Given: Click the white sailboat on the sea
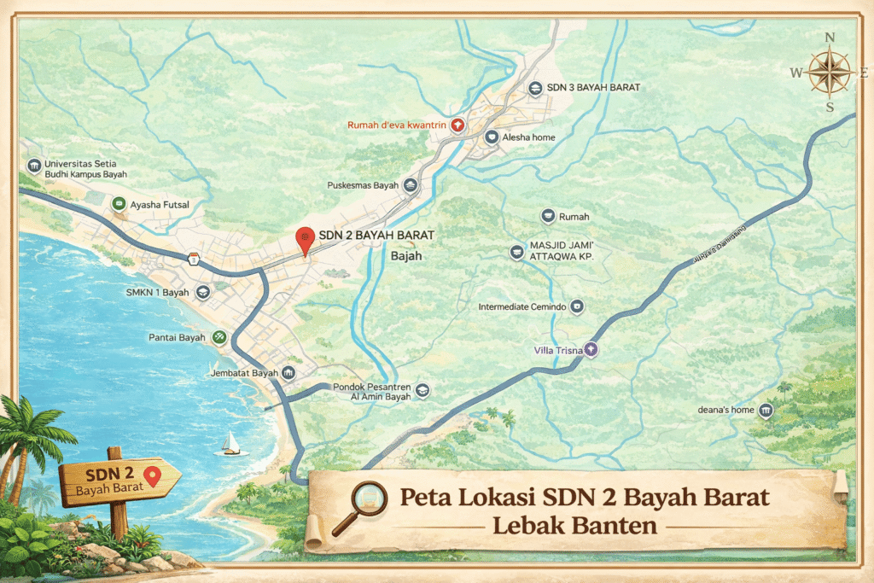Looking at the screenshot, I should (230, 443).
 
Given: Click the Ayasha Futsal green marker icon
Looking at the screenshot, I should (119, 205).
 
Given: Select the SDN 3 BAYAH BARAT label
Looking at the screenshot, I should (594, 88).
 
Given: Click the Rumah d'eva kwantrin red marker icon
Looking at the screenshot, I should (457, 125).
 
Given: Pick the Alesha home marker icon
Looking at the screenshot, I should (492, 137).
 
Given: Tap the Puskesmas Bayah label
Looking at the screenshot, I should (363, 185).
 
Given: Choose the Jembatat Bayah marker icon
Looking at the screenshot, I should (288, 374).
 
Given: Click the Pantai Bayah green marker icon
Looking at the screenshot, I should (219, 337).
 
